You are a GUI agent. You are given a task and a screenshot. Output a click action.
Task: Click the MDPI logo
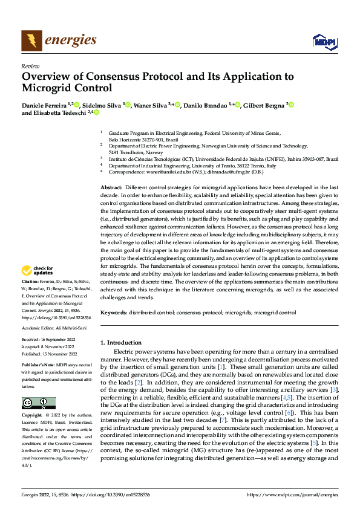(323, 41)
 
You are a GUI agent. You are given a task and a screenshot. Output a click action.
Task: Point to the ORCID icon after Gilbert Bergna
(292, 105)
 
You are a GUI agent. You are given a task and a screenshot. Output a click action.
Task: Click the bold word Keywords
(114, 313)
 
